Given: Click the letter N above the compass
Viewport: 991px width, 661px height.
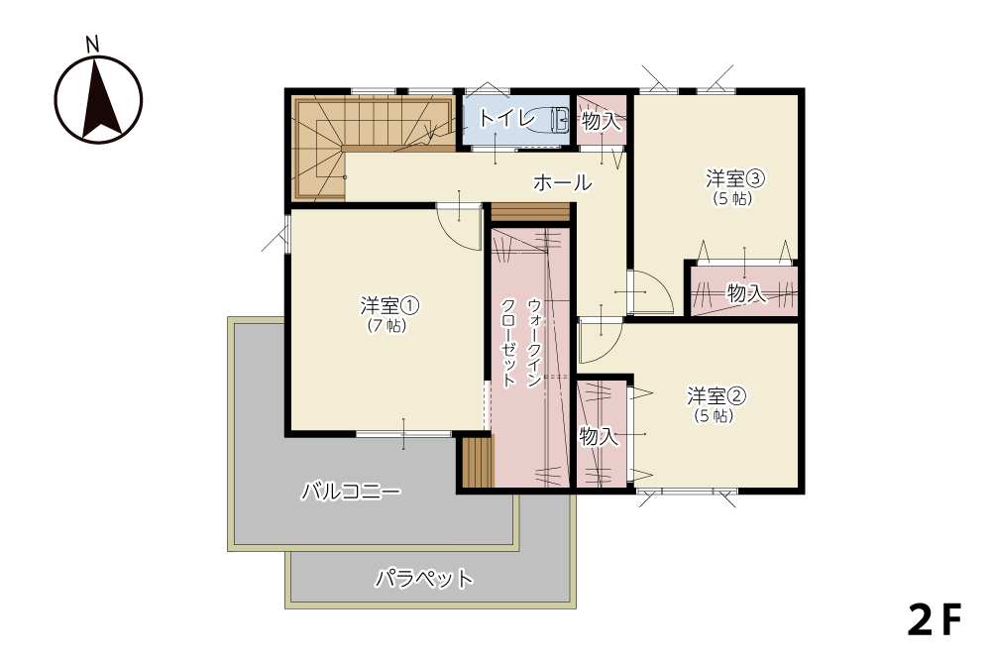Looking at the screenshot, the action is click(93, 44).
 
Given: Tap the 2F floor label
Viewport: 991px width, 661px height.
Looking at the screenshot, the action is click(935, 619).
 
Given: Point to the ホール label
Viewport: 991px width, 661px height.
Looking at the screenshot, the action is click(563, 182).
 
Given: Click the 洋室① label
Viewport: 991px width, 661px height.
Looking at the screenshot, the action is click(389, 306).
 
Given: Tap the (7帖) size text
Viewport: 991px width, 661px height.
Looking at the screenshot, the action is click(386, 325).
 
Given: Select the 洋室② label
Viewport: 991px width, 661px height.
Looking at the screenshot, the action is click(716, 396).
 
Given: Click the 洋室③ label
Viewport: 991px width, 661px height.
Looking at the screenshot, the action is click(735, 178).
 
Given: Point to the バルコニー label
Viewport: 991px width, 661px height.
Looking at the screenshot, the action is click(351, 491).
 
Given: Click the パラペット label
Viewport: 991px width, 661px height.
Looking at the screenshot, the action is click(424, 578).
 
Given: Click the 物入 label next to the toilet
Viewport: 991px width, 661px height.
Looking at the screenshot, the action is click(602, 121).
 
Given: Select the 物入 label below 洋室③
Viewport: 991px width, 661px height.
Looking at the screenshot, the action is click(746, 293).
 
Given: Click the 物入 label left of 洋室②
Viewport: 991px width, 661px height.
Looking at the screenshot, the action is click(599, 435).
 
